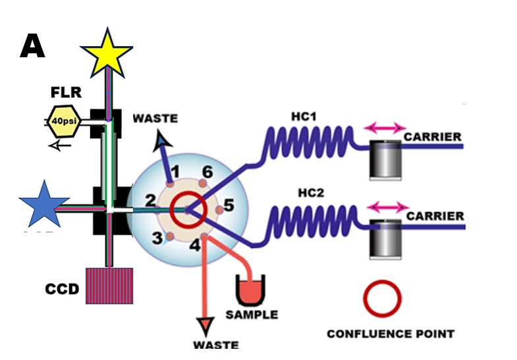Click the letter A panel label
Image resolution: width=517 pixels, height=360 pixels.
coord(32,45)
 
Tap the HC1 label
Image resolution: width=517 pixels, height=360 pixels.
coord(306,116)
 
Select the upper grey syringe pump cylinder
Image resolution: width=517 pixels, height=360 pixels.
coord(387,160)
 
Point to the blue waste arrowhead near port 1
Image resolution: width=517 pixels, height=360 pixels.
coord(160,140)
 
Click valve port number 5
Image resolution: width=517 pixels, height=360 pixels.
coord(229,205)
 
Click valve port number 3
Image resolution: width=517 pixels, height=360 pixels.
coord(157,238)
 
